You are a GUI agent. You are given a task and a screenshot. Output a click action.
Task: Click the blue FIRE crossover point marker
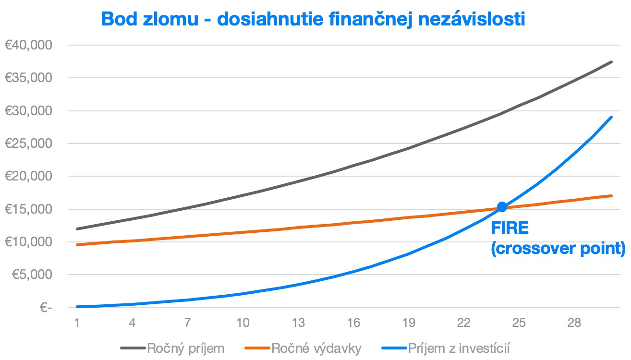pyautogui.click(x=502, y=207)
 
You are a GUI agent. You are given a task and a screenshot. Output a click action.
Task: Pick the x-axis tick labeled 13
pyautogui.click(x=298, y=323)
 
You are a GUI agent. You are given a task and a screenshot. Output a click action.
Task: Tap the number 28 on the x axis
pyautogui.click(x=574, y=323)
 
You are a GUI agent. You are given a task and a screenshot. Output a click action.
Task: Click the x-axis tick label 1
pyautogui.click(x=77, y=323)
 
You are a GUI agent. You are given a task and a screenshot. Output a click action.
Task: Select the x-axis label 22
pyautogui.click(x=463, y=323)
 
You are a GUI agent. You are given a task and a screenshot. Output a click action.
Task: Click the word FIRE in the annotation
pyautogui.click(x=510, y=228)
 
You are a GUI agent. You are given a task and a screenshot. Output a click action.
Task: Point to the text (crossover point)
pyautogui.click(x=558, y=250)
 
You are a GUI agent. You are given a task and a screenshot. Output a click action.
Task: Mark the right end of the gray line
pyautogui.click(x=611, y=62)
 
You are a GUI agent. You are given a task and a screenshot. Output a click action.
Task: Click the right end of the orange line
pyautogui.click(x=611, y=196)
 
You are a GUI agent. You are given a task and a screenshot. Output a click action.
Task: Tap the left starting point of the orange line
pyautogui.click(x=77, y=245)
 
